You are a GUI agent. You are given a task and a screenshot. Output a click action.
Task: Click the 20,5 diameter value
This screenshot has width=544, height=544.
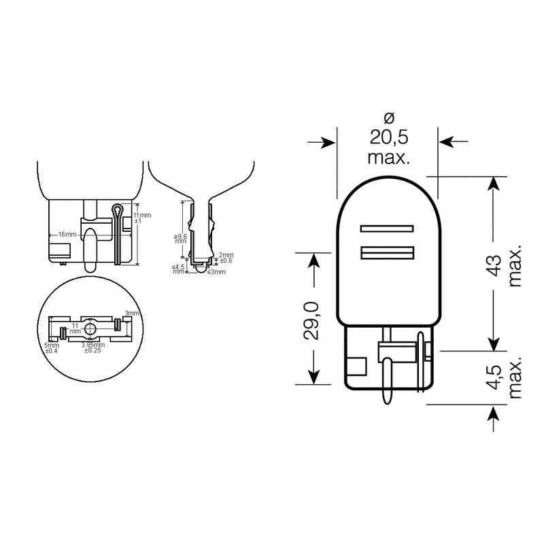coord(388,137)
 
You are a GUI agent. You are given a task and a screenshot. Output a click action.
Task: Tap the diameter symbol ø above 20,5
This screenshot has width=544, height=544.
coord(388,116)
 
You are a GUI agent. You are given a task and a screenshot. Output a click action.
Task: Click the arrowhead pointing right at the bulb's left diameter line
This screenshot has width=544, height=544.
coord(329,141)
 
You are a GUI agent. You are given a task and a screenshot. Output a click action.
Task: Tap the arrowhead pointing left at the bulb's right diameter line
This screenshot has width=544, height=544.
coord(447,141)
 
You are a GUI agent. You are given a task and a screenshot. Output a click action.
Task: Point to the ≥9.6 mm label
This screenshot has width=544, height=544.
coord(179,238)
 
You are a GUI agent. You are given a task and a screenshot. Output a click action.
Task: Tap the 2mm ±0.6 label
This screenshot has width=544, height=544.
coord(226,258)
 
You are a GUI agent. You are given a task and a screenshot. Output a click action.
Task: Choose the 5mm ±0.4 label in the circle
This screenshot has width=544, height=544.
coord(52,348)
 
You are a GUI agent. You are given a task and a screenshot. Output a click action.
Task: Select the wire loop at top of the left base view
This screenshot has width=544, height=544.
coord(116,209)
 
